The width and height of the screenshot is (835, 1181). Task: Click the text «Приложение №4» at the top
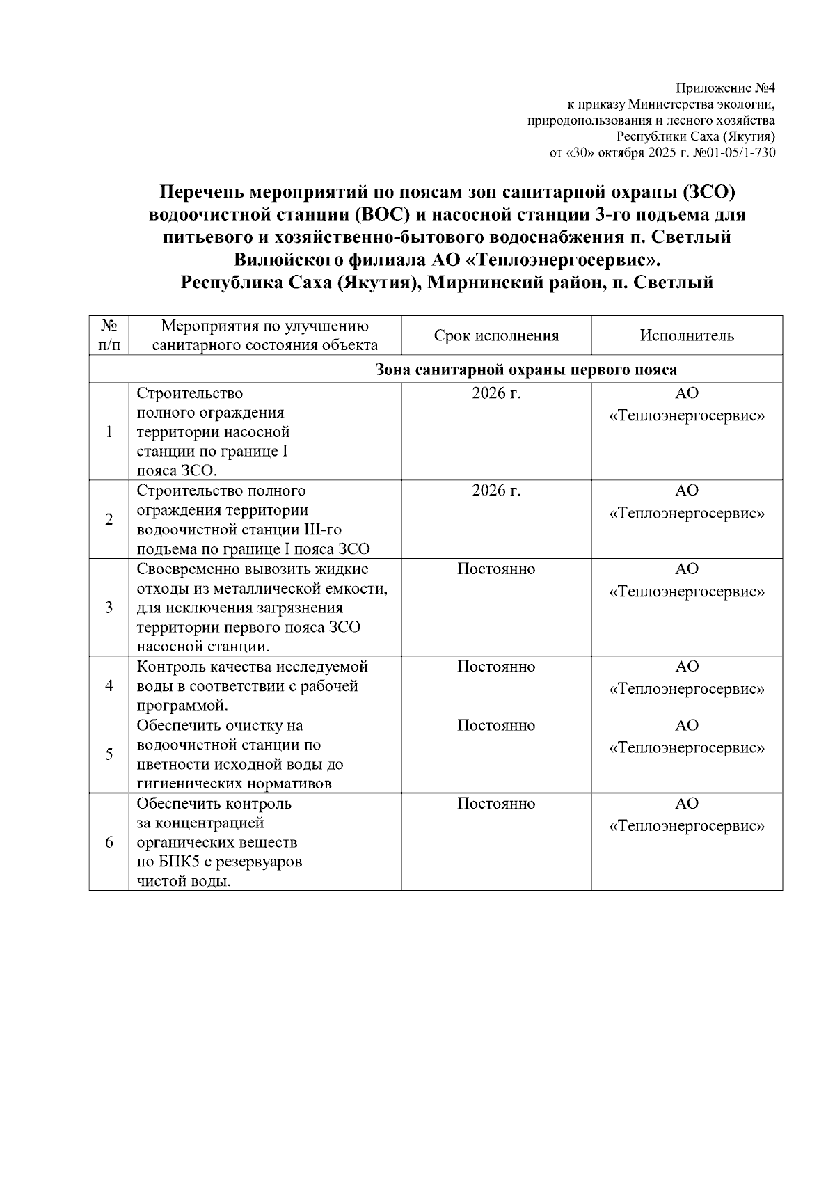726,89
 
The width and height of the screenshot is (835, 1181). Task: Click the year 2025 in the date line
662,153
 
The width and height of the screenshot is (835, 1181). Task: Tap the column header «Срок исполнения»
496,336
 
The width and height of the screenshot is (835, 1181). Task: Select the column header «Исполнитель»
687,336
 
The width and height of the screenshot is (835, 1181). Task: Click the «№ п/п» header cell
109,335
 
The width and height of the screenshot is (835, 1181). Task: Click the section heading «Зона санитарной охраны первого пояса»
526,370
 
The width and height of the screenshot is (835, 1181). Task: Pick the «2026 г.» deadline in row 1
496,393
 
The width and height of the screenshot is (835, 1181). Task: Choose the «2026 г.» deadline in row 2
496,491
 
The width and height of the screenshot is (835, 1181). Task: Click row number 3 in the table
109,607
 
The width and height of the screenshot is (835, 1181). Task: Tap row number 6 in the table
109,843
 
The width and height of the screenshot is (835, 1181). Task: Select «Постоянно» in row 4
496,667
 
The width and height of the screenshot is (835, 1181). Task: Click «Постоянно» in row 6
496,804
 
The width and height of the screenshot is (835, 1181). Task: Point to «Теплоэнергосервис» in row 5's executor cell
687,749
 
